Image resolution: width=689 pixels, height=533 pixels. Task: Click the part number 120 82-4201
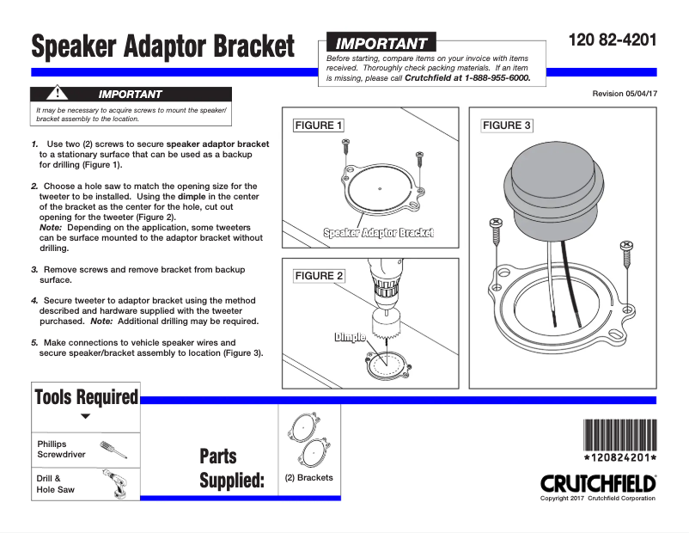[x=613, y=40]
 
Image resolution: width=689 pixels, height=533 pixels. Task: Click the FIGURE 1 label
[x=319, y=126]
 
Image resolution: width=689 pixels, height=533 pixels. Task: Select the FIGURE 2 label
[x=319, y=276]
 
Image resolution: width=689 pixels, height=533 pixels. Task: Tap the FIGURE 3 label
[x=507, y=126]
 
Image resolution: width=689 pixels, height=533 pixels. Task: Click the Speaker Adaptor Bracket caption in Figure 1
[x=378, y=232]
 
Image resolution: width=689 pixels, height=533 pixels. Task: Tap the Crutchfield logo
[x=598, y=483]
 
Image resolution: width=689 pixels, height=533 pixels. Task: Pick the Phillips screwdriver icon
[x=113, y=449]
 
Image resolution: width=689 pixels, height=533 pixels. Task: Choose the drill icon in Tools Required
[x=113, y=483]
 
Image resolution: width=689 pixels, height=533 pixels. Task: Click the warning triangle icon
[x=58, y=93]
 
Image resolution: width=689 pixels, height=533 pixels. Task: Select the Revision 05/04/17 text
[x=625, y=93]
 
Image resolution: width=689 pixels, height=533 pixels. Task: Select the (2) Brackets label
[x=308, y=478]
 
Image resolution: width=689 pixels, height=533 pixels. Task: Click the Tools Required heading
[x=86, y=397]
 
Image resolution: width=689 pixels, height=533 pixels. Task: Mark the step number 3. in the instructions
[x=35, y=269]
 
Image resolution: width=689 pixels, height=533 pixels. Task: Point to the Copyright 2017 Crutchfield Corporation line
[x=597, y=499]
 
